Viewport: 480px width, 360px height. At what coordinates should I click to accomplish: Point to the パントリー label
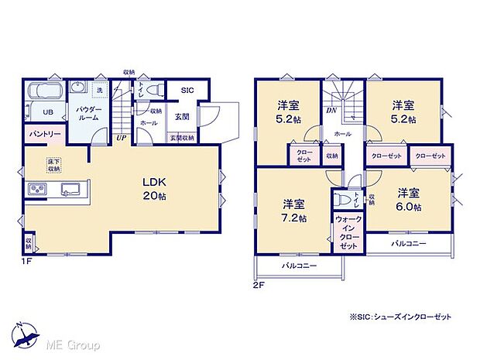[x=45, y=134]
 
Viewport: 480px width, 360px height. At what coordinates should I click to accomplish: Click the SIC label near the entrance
[x=187, y=91]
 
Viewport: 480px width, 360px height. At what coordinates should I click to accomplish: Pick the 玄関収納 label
[x=182, y=138]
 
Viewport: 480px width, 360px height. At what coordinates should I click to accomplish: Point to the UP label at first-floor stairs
[x=121, y=138]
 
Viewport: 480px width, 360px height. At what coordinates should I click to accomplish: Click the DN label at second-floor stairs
[x=331, y=111]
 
